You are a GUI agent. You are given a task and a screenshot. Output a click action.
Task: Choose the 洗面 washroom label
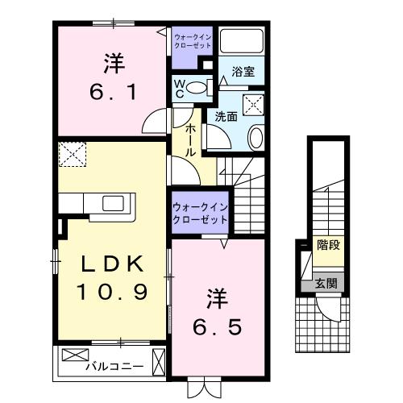(225, 117)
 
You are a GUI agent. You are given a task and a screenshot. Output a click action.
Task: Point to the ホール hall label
(189, 140)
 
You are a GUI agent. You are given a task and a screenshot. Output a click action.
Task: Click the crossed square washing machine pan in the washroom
(254, 105)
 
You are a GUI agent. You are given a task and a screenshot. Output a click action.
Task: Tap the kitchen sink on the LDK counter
(113, 203)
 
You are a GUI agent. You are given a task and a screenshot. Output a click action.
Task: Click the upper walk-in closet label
(192, 40)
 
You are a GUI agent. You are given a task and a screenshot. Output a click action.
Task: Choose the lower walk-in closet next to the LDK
(198, 214)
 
